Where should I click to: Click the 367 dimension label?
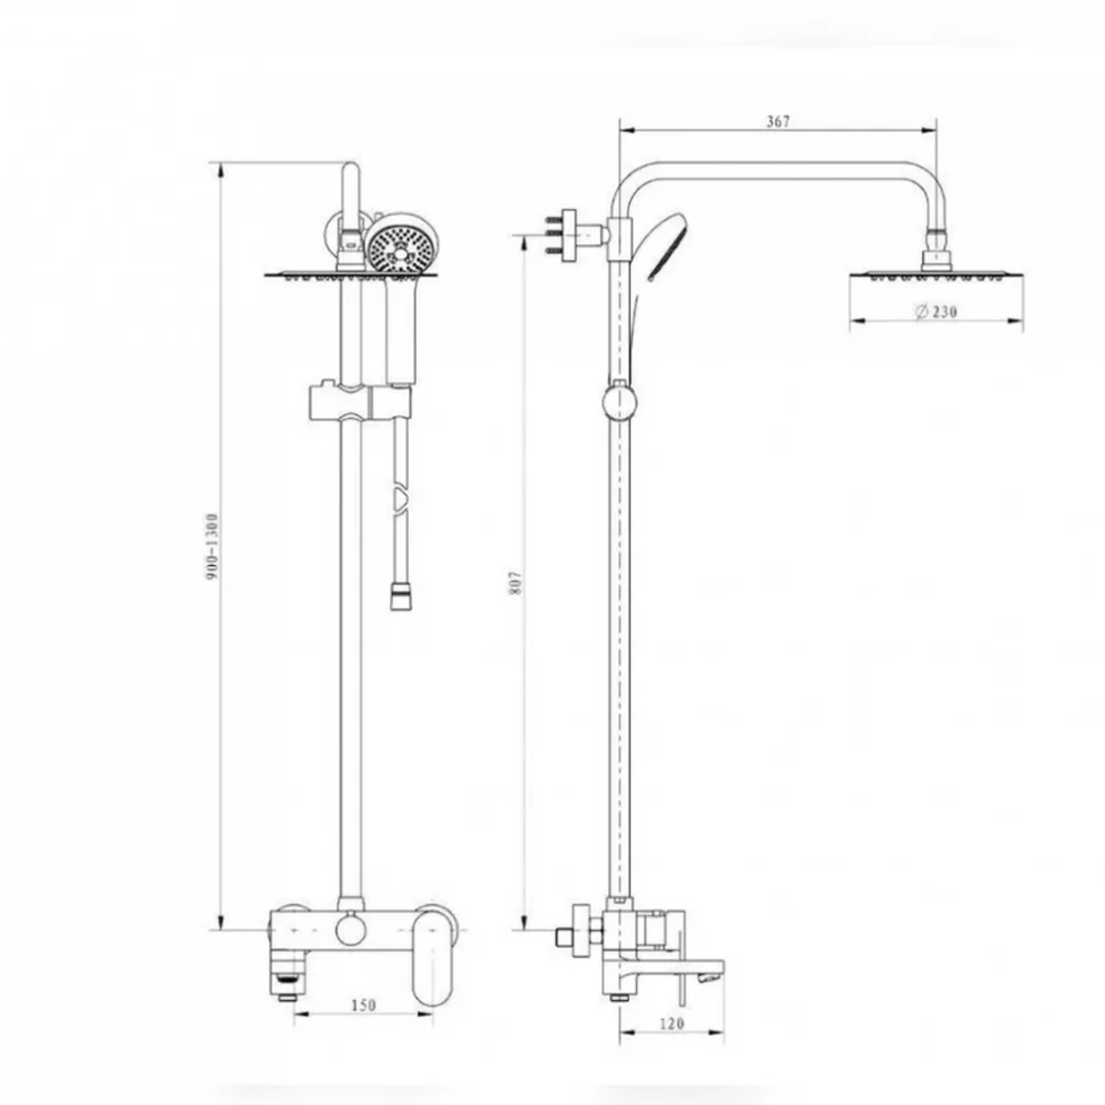(x=779, y=122)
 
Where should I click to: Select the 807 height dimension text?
(x=516, y=583)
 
